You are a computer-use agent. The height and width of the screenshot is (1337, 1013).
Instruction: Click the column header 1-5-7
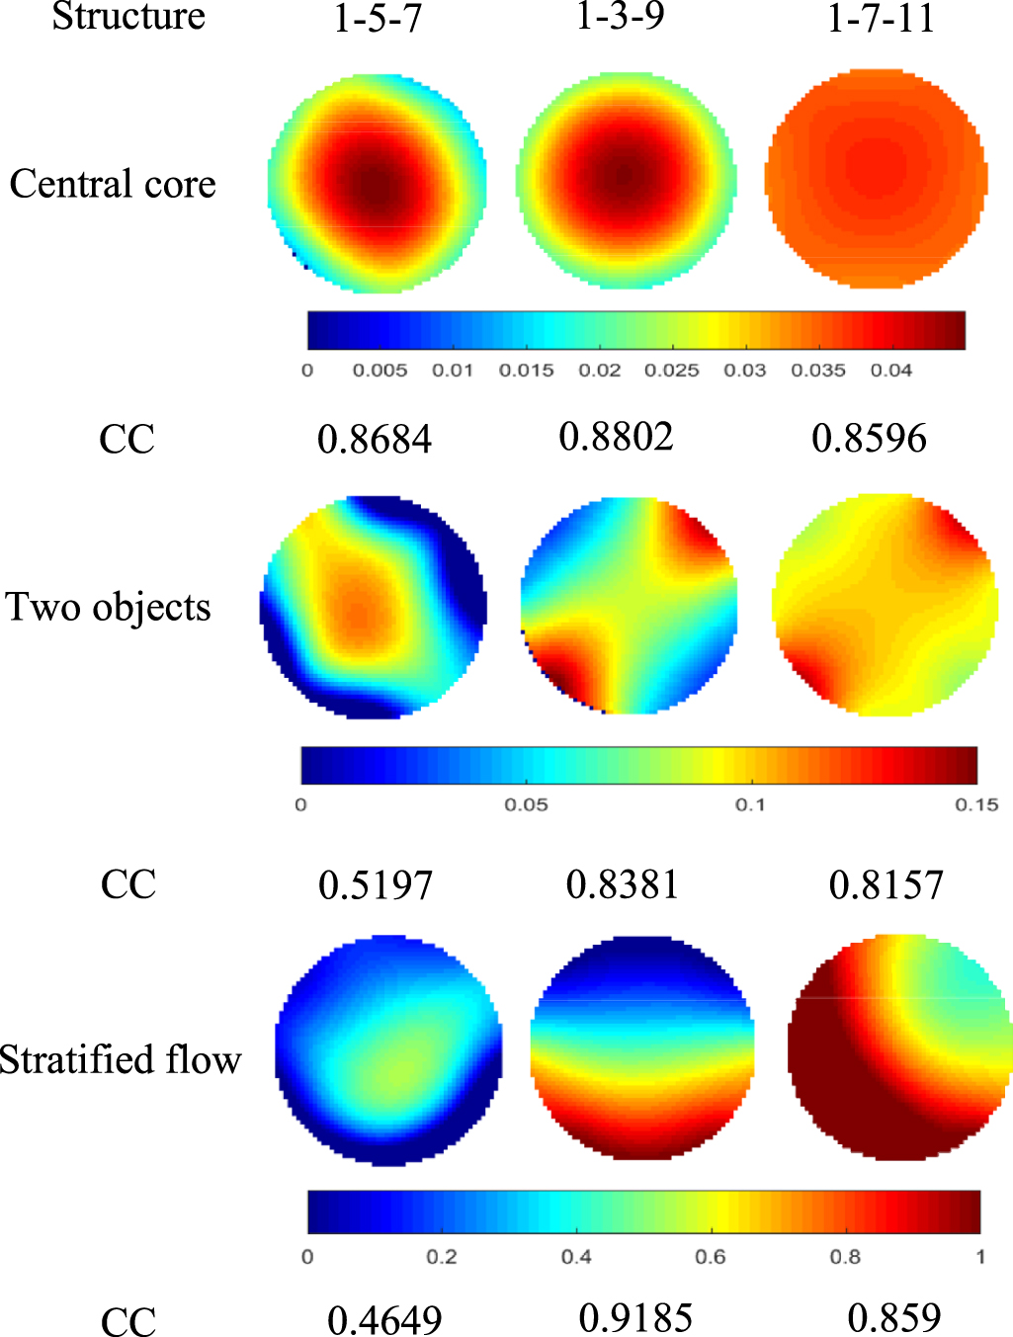[378, 19]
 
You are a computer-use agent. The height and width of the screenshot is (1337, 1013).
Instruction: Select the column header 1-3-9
[621, 16]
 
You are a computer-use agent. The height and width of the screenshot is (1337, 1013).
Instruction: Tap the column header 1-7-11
[881, 19]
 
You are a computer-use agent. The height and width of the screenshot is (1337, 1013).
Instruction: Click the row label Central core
[113, 184]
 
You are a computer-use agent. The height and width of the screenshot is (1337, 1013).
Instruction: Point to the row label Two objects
[109, 607]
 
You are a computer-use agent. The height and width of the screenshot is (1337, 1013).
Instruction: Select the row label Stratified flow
[120, 1059]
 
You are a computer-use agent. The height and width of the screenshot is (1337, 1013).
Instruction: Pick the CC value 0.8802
[617, 436]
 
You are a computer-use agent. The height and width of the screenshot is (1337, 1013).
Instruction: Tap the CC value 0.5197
[376, 885]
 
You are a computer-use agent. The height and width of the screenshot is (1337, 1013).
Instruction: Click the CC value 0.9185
[636, 1318]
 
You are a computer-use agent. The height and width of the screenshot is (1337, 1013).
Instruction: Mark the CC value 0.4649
[384, 1320]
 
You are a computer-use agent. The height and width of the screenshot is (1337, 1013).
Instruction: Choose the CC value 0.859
[894, 1318]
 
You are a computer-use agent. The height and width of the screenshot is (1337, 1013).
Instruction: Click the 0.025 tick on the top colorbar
[672, 371]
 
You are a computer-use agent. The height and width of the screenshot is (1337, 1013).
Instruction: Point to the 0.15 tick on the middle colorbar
[976, 805]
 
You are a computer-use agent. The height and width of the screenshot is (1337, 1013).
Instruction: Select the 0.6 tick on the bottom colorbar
[711, 1257]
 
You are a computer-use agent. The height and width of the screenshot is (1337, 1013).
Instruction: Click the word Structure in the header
[128, 16]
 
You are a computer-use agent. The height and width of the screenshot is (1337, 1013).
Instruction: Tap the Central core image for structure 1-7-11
[877, 179]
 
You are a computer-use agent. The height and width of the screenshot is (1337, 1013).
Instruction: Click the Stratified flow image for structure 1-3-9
[642, 1047]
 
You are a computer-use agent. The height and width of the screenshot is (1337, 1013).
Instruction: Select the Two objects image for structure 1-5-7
[374, 605]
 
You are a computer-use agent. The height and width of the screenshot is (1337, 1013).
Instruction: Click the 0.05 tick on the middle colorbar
[526, 805]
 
